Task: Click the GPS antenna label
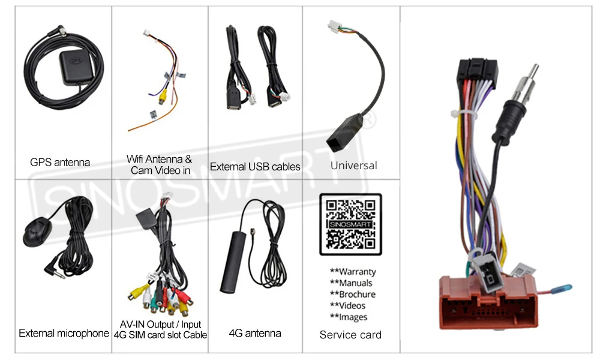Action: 60,162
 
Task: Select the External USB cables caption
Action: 255,167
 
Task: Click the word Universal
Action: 354,165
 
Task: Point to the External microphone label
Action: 64,333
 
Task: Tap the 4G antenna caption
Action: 255,333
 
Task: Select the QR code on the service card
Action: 350,224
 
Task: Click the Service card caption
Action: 350,335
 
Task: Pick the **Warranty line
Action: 353,272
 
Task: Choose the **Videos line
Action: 349,305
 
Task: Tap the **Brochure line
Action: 353,294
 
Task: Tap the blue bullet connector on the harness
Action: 563,290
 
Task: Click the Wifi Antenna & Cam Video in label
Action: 159,165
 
